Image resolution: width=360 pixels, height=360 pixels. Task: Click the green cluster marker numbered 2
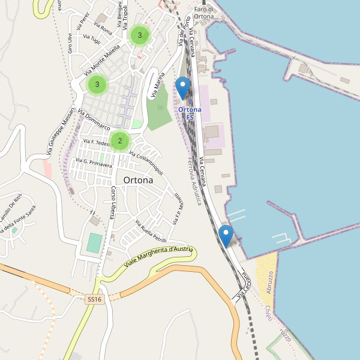point(120,141)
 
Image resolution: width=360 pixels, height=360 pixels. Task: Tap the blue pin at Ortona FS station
point(183,88)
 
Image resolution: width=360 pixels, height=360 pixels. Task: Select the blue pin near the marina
point(226,235)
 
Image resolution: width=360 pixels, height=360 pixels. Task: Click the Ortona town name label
point(138,180)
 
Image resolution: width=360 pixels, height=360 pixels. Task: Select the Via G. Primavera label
point(94,163)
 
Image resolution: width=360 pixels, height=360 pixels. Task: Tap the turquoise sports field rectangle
point(94,243)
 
